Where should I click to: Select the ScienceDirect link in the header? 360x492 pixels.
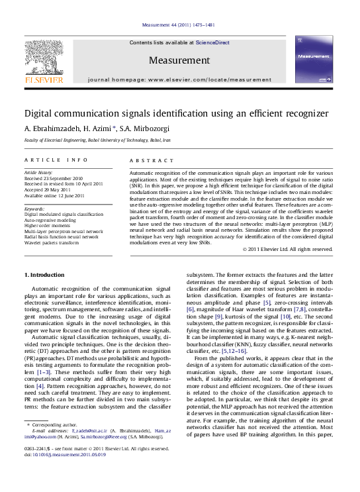(x=212, y=42)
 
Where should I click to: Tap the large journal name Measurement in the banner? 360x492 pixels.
(x=179, y=60)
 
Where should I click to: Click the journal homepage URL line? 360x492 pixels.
(x=179, y=79)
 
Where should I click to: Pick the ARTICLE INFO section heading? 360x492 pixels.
(x=56, y=160)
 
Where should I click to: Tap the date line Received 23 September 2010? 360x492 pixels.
(x=53, y=178)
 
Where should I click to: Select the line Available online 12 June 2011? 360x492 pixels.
(x=54, y=195)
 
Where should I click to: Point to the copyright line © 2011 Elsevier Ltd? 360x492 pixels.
(x=287, y=249)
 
